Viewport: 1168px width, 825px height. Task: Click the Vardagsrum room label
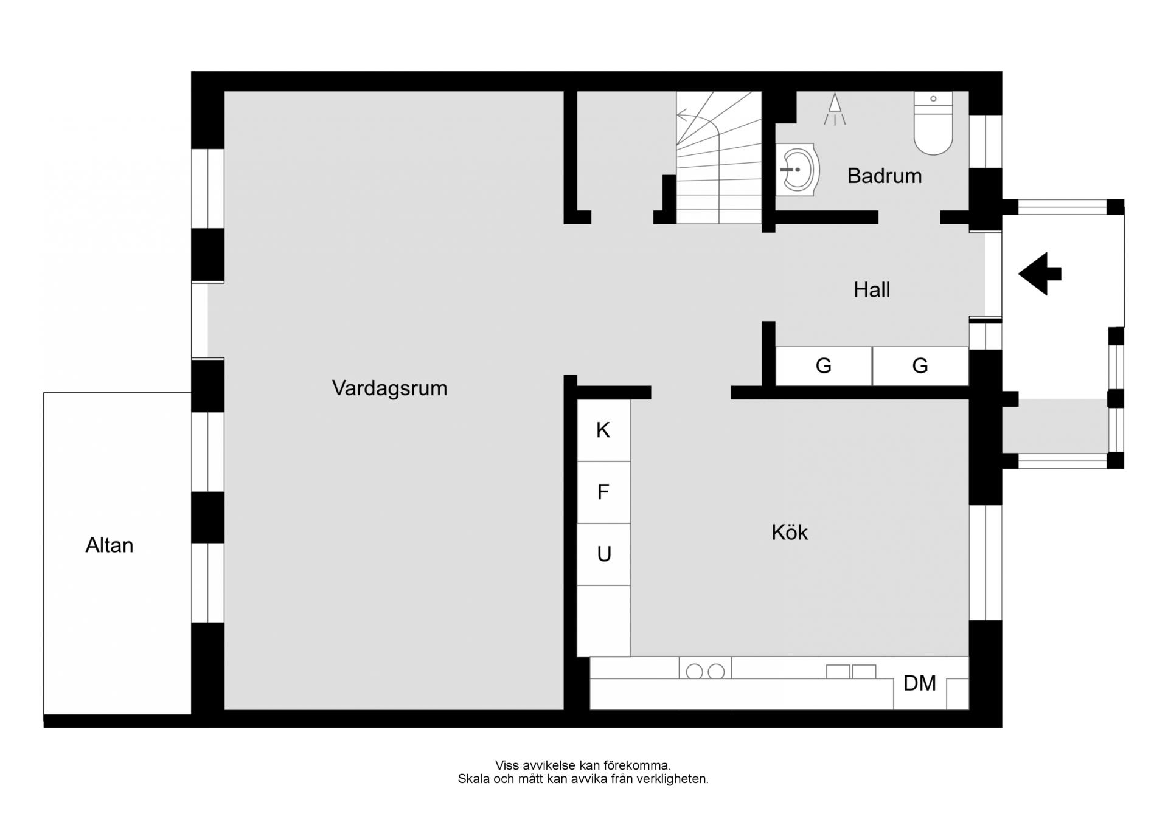[389, 388]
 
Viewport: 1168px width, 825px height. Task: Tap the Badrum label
[885, 176]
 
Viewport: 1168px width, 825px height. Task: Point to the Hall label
[872, 290]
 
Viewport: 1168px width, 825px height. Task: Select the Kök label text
[790, 533]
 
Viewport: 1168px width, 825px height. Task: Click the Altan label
[109, 545]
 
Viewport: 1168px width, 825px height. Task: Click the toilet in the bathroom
[933, 123]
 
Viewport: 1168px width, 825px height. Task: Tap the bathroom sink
[798, 170]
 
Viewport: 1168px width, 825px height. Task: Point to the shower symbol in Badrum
[835, 109]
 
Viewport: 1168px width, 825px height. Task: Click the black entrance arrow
[1040, 274]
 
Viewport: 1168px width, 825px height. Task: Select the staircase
[719, 157]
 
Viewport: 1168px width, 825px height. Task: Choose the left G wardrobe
[824, 366]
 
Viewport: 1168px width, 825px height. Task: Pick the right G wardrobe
[920, 366]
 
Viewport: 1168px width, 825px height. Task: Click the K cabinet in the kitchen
[603, 430]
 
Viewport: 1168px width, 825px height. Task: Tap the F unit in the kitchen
[603, 492]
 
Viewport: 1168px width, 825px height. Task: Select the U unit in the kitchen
[603, 554]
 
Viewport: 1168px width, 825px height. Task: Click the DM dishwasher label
[920, 683]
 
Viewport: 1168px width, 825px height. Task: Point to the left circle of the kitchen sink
[694, 672]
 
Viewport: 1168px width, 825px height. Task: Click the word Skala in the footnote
[474, 779]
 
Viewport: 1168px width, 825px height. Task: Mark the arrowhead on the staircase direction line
[682, 114]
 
